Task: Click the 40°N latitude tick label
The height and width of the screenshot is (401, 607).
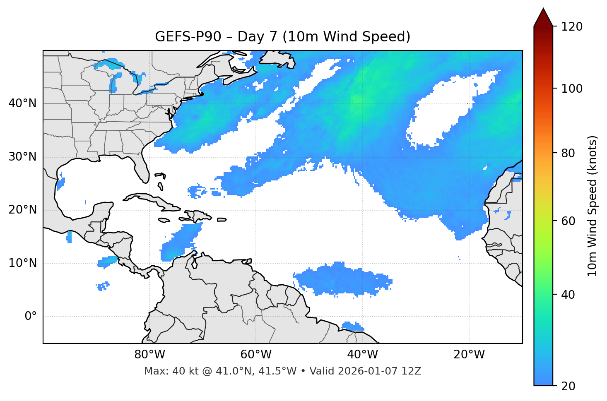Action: coord(22,103)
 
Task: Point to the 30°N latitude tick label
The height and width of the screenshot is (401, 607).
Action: coord(22,157)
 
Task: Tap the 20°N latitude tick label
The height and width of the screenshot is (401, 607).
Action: coord(22,210)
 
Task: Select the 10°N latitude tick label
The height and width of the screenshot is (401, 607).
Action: coord(22,263)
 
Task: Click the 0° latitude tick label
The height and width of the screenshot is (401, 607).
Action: coord(30,317)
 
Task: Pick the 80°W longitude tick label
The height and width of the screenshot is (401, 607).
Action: coord(149,355)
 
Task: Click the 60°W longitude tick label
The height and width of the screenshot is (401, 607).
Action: coord(256,355)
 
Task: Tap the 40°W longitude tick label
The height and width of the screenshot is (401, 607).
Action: coord(362,355)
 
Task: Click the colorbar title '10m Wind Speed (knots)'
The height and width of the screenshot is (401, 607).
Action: coord(593,206)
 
